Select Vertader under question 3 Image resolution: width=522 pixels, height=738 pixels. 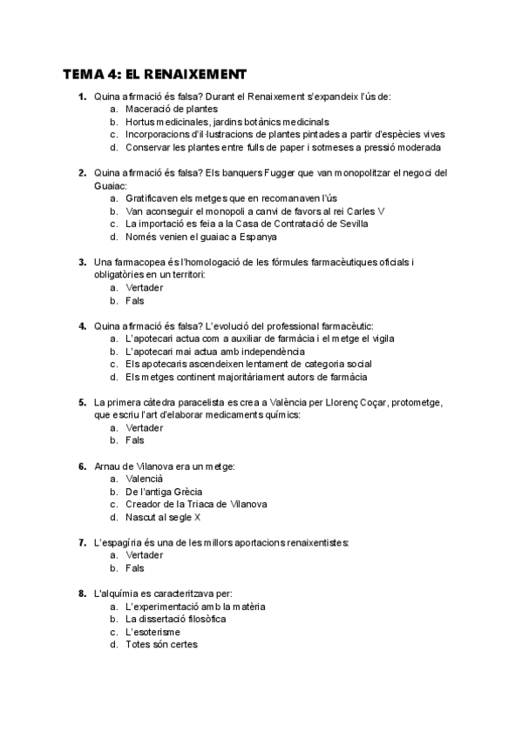(x=144, y=288)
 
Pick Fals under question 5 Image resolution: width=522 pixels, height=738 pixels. (x=134, y=440)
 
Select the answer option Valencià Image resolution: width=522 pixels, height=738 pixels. (x=144, y=479)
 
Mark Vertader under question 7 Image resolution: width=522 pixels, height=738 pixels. (x=144, y=555)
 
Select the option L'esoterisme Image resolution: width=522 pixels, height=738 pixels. (x=153, y=632)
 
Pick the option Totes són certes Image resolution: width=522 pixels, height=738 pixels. (x=161, y=645)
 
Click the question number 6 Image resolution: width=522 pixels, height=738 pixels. (x=81, y=466)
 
